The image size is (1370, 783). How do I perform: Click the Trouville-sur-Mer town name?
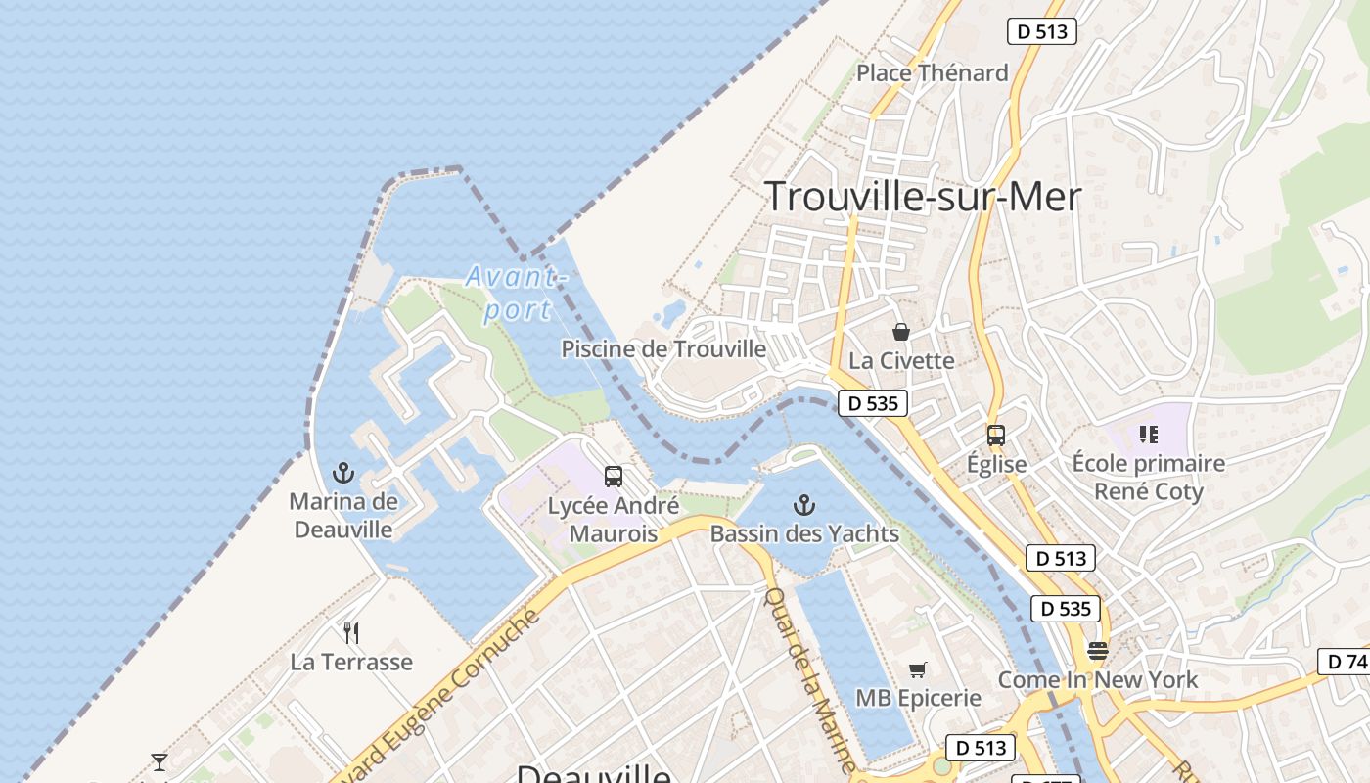coord(922,197)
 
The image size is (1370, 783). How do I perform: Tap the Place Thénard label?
coord(932,72)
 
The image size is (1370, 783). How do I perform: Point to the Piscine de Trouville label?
coord(663,348)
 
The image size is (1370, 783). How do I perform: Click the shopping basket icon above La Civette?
coord(901,332)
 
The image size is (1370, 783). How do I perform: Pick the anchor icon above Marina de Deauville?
coord(342,474)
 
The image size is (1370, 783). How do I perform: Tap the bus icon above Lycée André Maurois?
coord(614,477)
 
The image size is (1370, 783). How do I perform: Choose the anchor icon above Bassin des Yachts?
coord(803,505)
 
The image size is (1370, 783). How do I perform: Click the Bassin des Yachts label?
coord(804,533)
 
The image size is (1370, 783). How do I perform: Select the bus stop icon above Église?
coord(996,436)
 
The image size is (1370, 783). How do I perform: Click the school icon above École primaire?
coord(1149,434)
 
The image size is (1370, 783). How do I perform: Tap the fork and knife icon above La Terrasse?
coord(351,633)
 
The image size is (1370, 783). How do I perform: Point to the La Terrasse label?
coord(351,662)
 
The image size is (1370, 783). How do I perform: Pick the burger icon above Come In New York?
coord(1098,651)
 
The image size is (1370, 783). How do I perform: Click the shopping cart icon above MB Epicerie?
coord(918,669)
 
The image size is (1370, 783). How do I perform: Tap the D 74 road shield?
coord(1345,662)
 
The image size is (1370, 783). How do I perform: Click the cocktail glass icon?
coord(160,761)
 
